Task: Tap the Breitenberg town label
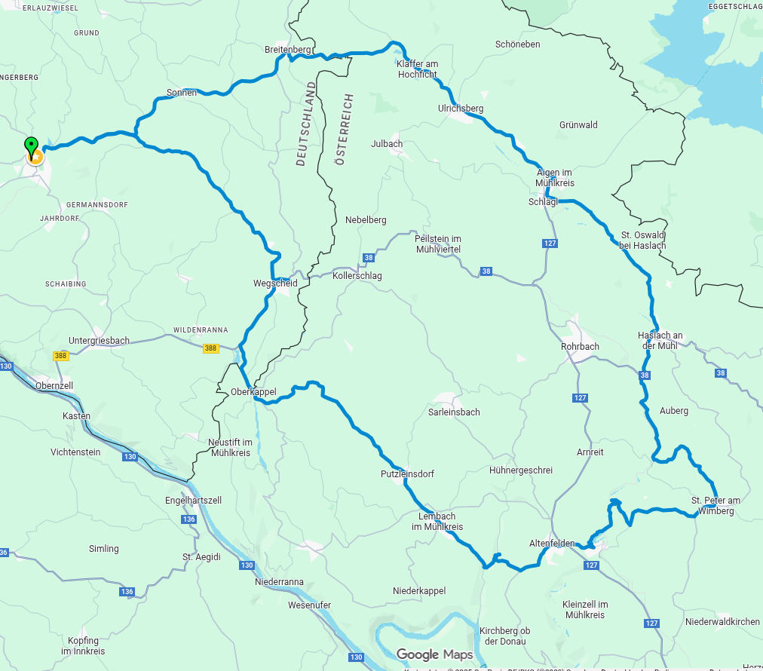[x=287, y=50]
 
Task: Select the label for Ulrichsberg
[x=461, y=109]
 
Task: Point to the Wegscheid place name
[x=275, y=283]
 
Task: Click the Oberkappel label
[x=253, y=392]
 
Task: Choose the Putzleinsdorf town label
[x=407, y=474]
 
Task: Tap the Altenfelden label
[x=552, y=544]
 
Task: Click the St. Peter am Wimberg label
[x=716, y=505]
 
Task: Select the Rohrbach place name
[x=580, y=347]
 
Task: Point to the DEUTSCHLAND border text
[x=305, y=124]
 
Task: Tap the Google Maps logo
[x=435, y=654]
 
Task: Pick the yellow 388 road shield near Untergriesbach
[x=61, y=356]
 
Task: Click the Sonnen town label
[x=182, y=93]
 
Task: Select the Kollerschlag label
[x=357, y=276]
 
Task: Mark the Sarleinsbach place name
[x=453, y=412]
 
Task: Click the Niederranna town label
[x=279, y=582]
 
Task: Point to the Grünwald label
[x=578, y=125]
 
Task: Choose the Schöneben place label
[x=517, y=44]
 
